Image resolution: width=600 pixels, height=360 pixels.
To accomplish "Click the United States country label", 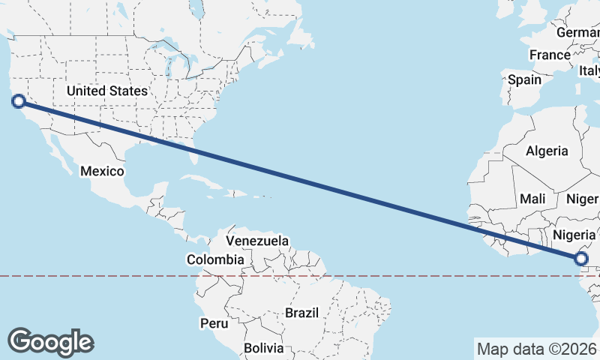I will [107, 91].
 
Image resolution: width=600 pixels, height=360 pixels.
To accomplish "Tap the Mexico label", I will [102, 171].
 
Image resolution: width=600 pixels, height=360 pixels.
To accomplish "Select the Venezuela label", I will [257, 241].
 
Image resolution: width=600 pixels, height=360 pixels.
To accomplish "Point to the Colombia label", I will [215, 259].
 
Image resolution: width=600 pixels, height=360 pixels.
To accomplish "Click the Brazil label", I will [302, 312].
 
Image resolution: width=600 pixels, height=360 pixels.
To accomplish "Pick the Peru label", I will [213, 323].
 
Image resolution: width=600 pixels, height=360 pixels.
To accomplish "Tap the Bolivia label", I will [263, 348].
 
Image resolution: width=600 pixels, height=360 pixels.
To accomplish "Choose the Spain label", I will [524, 79].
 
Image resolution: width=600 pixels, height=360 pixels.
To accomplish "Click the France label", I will [550, 55].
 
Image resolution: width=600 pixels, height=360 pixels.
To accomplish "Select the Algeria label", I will [547, 151].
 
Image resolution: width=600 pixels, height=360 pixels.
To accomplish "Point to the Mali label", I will [532, 199].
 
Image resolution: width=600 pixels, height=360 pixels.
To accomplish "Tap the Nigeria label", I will [574, 235].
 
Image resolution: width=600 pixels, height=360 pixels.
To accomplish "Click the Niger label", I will [583, 199].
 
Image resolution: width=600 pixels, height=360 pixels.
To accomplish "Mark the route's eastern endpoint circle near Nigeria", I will [582, 259].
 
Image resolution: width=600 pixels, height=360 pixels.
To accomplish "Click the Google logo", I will [51, 341].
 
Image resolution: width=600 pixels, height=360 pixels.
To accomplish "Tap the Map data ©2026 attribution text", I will [536, 349].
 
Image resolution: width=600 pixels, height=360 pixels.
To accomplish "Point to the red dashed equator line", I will [112, 276].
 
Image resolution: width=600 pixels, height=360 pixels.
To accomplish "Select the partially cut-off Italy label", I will [589, 71].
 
